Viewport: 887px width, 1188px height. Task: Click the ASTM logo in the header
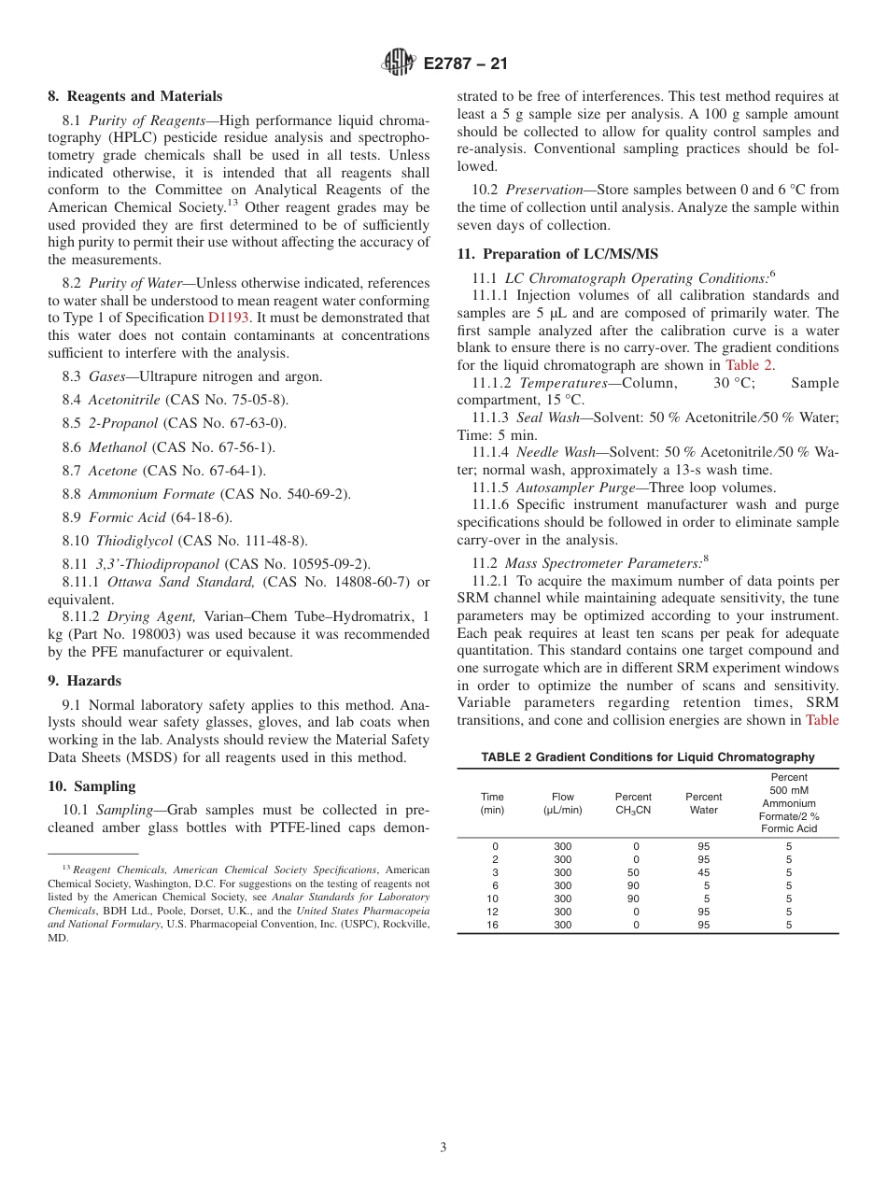click(400, 64)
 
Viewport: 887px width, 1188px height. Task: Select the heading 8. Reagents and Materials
click(135, 96)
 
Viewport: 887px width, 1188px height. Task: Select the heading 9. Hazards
click(85, 681)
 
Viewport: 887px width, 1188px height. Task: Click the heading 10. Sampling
click(92, 786)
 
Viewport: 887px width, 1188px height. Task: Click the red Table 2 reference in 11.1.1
click(748, 365)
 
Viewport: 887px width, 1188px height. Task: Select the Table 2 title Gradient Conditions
click(647, 757)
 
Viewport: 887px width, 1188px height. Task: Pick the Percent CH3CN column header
click(633, 803)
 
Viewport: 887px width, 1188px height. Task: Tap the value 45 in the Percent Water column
click(704, 872)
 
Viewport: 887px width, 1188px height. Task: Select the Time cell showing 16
click(495, 925)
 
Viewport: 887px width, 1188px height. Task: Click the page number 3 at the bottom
click(443, 1148)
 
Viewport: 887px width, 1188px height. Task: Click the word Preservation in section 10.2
click(542, 190)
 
